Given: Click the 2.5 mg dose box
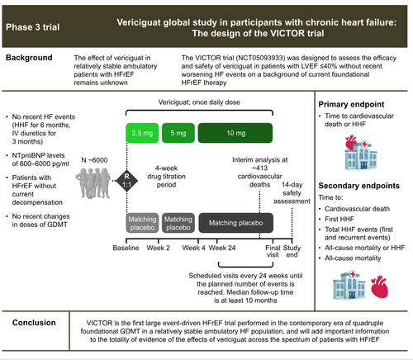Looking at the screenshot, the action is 142,133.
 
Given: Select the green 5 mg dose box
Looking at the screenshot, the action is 178,133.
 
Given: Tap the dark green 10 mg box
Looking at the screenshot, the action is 235,133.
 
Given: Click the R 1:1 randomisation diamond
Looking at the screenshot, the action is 126,181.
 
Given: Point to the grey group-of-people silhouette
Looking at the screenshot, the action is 93,183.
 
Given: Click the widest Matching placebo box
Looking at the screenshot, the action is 236,223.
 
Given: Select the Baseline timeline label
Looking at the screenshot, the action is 126,248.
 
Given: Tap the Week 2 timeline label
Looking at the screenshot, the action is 159,248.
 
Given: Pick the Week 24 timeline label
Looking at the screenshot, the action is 222,248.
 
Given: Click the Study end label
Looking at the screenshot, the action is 292,251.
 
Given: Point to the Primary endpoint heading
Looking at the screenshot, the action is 351,104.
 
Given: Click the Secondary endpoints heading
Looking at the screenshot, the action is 359,186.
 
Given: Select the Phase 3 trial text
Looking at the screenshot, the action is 33,27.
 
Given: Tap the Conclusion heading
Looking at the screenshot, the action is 34,323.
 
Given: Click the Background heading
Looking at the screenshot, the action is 29,58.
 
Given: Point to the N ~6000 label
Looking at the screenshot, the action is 94,160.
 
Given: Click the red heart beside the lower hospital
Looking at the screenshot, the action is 379,287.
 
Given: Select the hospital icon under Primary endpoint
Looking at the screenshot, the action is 361,153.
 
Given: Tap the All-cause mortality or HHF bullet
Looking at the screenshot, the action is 364,248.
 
